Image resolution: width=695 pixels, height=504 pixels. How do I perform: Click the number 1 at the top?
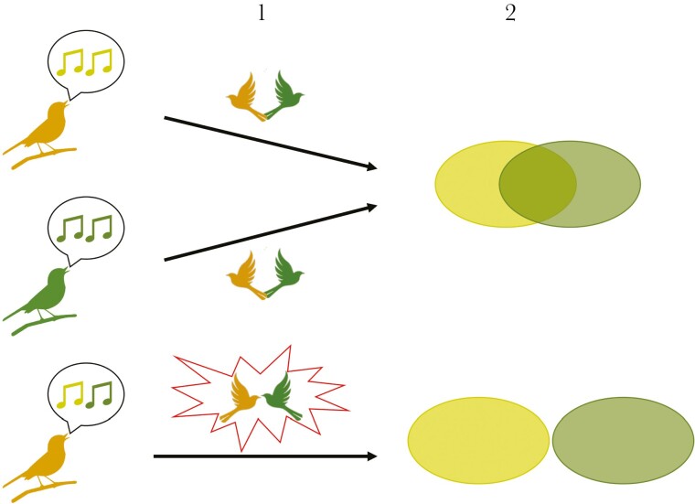click(x=262, y=14)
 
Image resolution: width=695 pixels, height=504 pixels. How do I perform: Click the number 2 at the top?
click(x=510, y=14)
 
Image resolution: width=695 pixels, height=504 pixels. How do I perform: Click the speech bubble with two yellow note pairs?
click(x=86, y=62)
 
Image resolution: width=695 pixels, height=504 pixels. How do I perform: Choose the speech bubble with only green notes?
click(x=86, y=229)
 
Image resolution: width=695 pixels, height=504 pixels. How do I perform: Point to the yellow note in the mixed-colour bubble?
click(x=71, y=394)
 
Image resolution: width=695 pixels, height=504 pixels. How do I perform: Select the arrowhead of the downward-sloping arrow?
click(x=371, y=166)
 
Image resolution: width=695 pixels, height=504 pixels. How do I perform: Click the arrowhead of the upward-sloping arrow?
click(x=371, y=207)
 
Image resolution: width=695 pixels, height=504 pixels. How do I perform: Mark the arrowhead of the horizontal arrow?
click(x=372, y=456)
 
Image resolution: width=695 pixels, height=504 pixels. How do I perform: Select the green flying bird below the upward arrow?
click(x=284, y=273)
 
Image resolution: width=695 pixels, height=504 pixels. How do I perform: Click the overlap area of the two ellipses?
click(x=538, y=184)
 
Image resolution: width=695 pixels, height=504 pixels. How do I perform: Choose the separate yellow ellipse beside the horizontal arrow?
click(x=478, y=440)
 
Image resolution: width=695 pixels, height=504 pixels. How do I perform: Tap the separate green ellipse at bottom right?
click(x=623, y=440)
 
